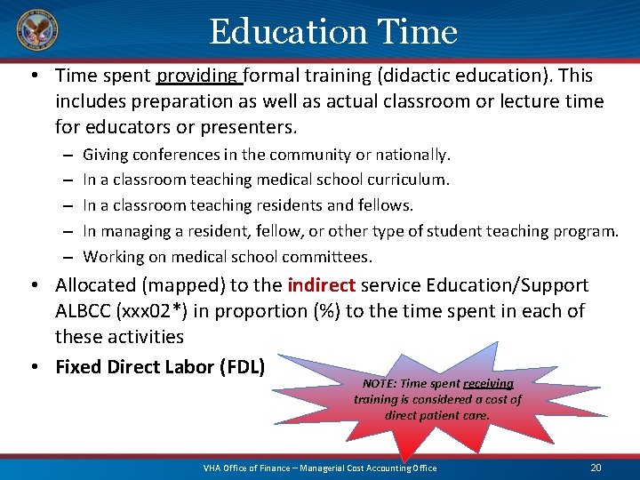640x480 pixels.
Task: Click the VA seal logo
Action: click(36, 33)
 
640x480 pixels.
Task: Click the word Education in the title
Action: click(288, 33)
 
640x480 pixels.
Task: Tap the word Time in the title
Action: click(417, 33)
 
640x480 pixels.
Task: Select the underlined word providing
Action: click(199, 76)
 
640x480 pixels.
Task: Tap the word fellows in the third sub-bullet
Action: click(386, 205)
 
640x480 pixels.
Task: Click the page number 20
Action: click(596, 468)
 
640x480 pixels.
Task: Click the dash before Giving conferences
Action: click(68, 156)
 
